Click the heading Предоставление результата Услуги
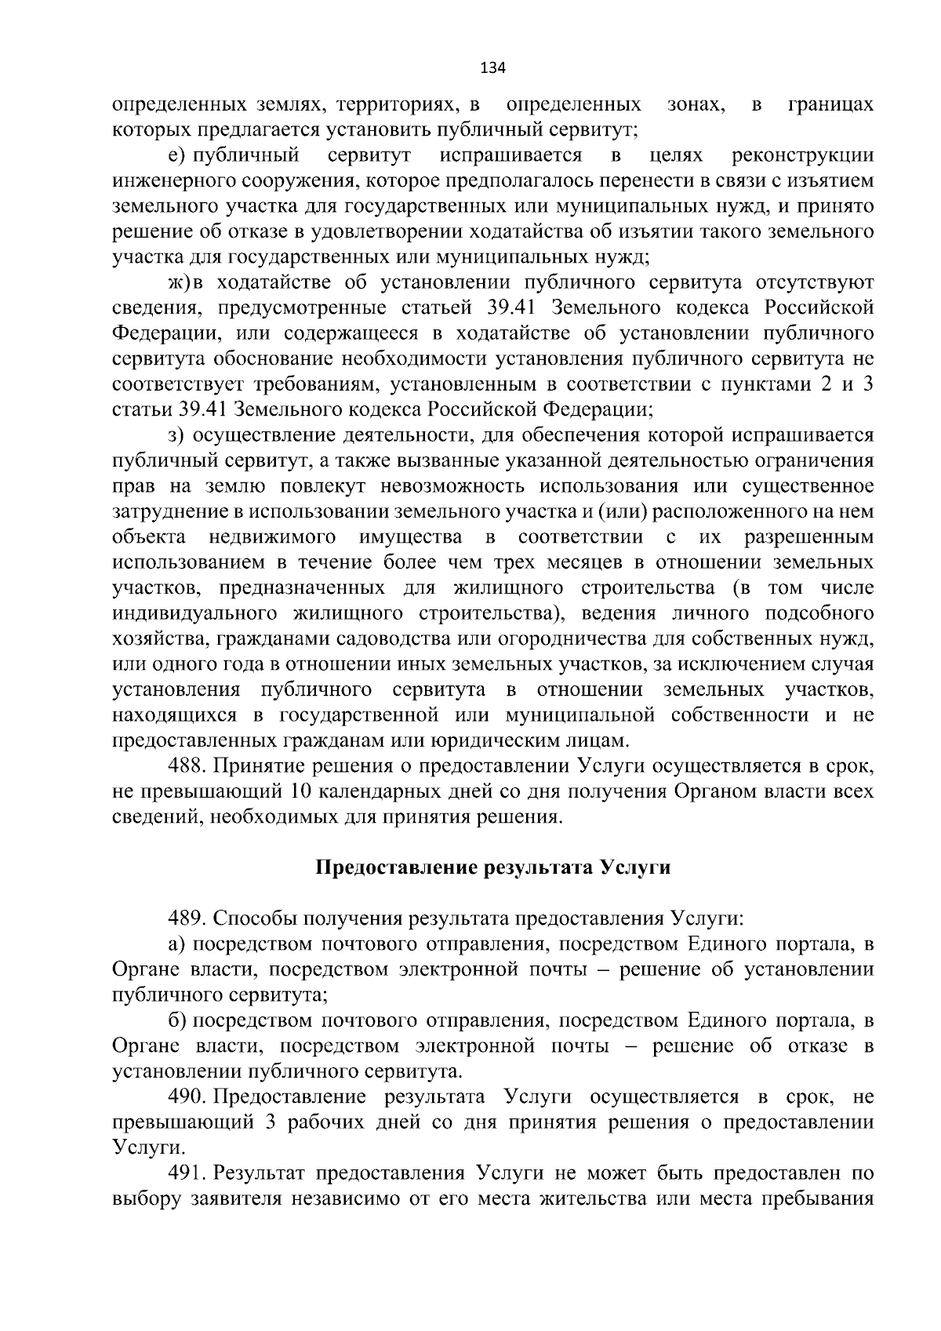point(492,867)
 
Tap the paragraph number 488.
point(188,766)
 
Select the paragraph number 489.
point(188,918)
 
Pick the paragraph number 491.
point(188,1173)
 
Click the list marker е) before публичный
point(176,155)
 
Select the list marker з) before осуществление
point(176,435)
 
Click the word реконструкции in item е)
point(802,155)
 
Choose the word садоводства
point(405,639)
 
